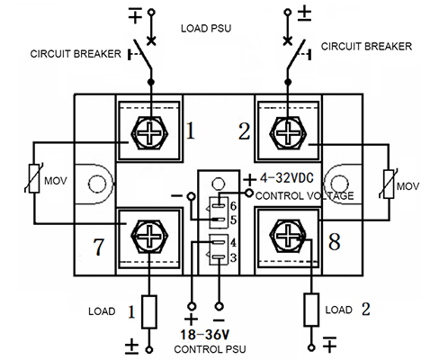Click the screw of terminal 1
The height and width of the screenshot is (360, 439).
click(150, 133)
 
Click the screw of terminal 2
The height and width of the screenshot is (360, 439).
click(288, 133)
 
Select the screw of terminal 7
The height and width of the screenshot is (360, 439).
click(149, 237)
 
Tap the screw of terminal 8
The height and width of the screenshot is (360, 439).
click(288, 235)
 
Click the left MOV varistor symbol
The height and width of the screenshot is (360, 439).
click(34, 178)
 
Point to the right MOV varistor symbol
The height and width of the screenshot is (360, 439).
click(389, 184)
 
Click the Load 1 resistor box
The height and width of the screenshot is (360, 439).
click(149, 311)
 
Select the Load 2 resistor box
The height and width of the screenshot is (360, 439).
click(311, 310)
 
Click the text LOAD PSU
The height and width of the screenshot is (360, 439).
click(206, 29)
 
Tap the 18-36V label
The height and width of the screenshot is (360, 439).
click(205, 335)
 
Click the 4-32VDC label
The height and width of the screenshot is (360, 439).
click(287, 178)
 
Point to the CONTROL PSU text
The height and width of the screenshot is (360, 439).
click(210, 349)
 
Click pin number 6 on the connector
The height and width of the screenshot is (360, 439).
click(234, 206)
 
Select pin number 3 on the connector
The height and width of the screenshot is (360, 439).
click(233, 257)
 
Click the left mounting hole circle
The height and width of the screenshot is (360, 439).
click(97, 184)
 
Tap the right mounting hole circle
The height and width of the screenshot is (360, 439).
click(339, 184)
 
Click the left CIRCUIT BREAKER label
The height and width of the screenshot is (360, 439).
click(76, 54)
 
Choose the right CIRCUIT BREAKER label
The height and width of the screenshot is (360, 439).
click(366, 47)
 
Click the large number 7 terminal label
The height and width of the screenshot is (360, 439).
click(99, 247)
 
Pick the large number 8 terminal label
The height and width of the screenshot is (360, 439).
click(335, 241)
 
